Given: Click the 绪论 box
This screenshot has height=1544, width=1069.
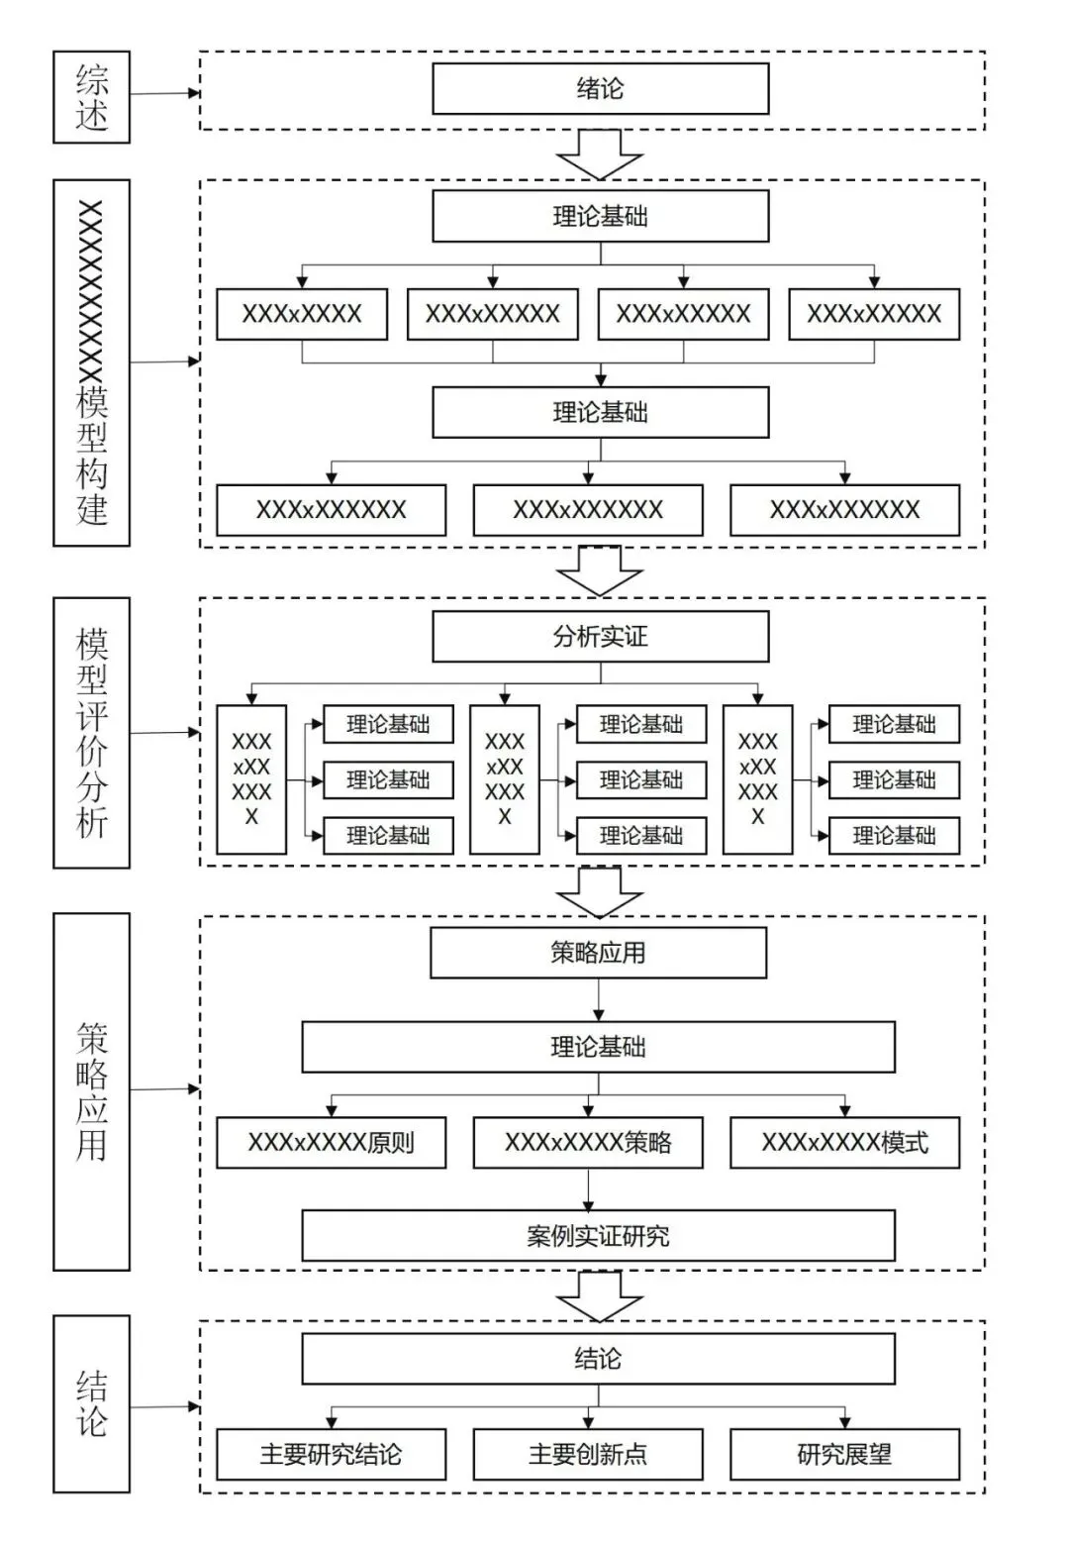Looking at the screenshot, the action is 600,88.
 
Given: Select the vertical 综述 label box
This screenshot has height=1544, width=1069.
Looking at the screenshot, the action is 92,96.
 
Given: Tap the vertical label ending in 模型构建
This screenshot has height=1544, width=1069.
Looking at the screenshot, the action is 92,362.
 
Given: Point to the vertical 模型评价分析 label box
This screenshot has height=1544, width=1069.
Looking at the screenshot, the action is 92,733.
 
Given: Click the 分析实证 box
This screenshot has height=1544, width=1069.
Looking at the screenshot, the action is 600,636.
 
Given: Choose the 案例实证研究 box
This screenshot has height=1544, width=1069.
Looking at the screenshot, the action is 599,1236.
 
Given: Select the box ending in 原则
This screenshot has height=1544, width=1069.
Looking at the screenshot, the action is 332,1143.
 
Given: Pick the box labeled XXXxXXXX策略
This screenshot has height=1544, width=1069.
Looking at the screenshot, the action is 588,1143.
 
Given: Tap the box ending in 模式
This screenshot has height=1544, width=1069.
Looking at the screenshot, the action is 845,1143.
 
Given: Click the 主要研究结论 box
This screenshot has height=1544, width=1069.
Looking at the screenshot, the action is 332,1455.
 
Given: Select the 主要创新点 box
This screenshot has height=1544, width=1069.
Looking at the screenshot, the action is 588,1455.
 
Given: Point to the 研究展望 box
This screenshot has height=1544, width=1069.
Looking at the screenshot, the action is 845,1455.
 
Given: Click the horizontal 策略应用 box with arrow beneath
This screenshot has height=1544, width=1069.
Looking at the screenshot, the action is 599,953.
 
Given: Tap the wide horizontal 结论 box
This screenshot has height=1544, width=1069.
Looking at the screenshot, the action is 599,1359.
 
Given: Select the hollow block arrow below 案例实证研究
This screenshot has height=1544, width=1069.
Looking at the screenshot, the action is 599,1297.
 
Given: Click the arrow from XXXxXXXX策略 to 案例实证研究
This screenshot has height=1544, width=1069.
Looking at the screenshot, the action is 588,1189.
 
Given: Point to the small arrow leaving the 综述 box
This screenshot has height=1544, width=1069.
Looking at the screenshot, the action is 164,93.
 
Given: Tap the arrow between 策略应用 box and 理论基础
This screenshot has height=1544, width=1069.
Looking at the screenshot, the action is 599,999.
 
